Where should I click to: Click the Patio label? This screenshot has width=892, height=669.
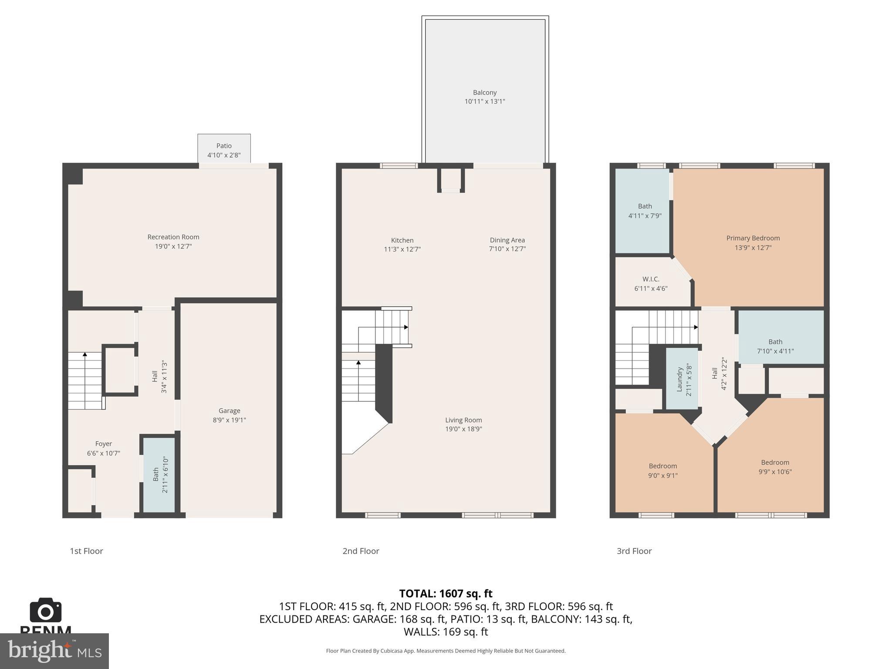224,146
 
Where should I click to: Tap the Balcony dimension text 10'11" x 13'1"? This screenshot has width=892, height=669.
484,101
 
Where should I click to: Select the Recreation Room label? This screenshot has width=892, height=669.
173,237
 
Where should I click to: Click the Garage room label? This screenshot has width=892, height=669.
229,411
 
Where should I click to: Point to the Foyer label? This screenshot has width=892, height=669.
104,444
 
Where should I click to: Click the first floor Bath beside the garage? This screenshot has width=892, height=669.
159,474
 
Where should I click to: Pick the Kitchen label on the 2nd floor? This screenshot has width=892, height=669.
402,240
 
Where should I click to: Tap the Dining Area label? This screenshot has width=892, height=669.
507,240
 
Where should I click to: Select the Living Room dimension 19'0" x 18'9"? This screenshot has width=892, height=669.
463,429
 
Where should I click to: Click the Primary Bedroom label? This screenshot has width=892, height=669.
753,238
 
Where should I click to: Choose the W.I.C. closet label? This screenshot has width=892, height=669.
651,279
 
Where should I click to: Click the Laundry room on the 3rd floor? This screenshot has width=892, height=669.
683,379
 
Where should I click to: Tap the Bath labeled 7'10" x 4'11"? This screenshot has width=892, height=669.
775,346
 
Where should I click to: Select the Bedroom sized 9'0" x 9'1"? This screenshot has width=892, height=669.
662,471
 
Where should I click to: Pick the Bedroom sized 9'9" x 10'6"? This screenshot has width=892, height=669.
775,467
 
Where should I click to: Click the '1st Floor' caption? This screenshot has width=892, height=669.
86,551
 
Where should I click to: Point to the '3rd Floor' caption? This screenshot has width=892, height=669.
634,551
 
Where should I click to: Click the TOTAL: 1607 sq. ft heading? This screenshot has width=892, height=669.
446,594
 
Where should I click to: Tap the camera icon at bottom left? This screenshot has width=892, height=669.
45,610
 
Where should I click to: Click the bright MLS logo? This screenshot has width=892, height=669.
54,651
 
